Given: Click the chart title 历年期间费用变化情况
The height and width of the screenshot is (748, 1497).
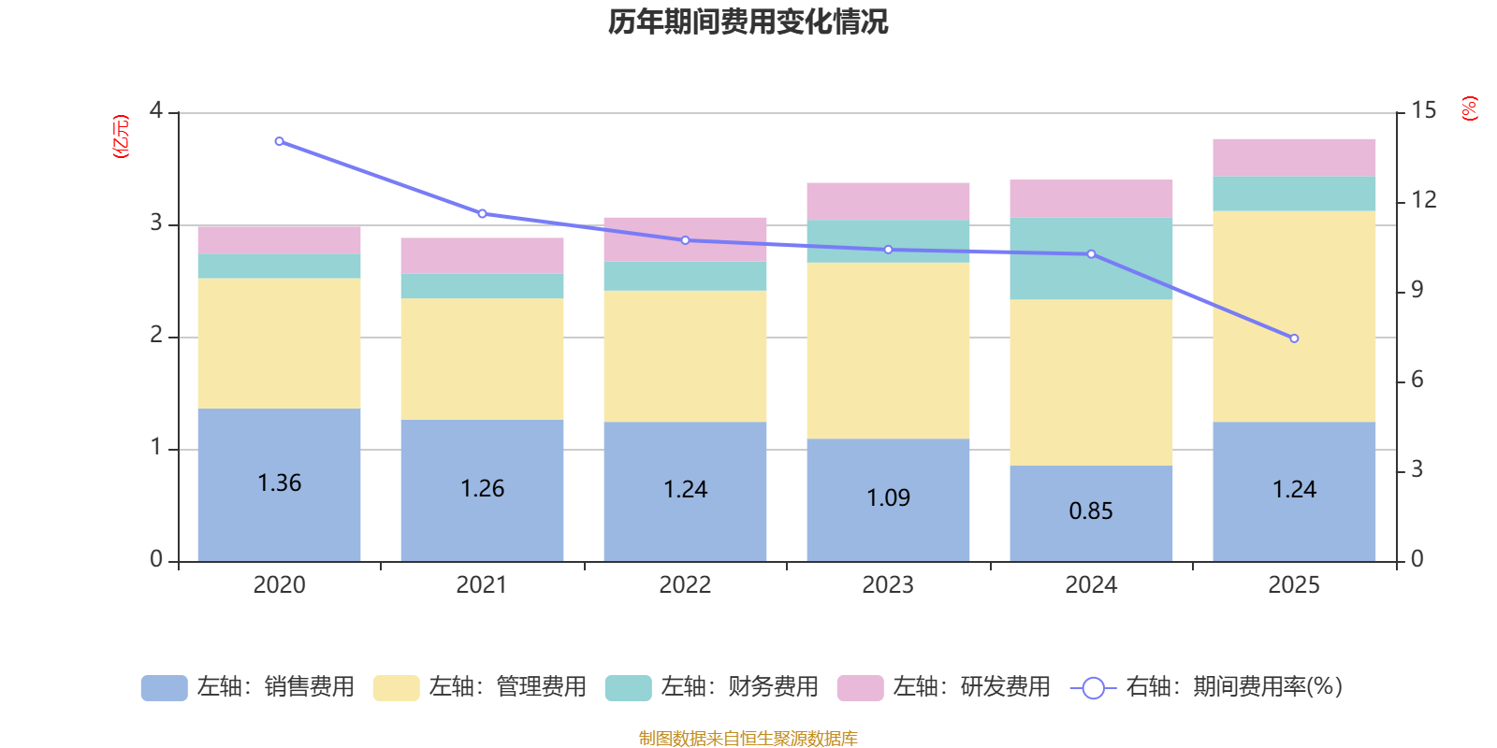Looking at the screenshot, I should [x=748, y=22].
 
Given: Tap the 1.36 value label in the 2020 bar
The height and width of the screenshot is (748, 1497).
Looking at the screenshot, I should [x=279, y=483].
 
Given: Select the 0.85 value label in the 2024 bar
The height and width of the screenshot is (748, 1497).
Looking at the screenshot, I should [x=1091, y=511].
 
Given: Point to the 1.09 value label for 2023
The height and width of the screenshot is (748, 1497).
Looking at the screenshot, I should [x=888, y=498].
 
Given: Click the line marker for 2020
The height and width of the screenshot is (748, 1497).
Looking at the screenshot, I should [x=279, y=141].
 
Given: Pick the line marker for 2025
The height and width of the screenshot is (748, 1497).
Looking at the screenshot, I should [x=1294, y=338].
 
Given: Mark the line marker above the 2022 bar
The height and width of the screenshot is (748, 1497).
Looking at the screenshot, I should [x=685, y=240].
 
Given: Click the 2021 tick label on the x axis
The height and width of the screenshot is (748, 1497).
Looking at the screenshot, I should [x=482, y=585].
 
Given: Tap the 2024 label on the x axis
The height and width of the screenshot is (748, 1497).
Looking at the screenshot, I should [x=1091, y=585].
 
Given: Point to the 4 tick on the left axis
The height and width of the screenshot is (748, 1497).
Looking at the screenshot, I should [x=156, y=111].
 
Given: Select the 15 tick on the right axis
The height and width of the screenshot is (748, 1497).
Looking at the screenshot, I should [x=1423, y=111].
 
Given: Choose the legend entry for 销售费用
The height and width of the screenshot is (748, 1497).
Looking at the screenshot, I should [x=248, y=687].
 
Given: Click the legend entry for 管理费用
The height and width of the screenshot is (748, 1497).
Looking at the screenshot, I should [x=480, y=687].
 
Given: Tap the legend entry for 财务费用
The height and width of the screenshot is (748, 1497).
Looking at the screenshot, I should [x=712, y=687].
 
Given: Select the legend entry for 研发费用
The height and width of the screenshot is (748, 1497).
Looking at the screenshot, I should [x=944, y=687].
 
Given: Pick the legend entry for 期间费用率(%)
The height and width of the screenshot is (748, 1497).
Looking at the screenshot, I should [x=1207, y=687].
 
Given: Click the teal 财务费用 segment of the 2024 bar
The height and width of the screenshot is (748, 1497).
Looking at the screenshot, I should [x=1091, y=259].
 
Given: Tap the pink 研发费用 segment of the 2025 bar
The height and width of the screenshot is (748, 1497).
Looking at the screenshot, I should [x=1294, y=157].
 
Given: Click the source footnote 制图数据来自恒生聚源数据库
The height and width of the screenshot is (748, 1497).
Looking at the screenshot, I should [x=748, y=739].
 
